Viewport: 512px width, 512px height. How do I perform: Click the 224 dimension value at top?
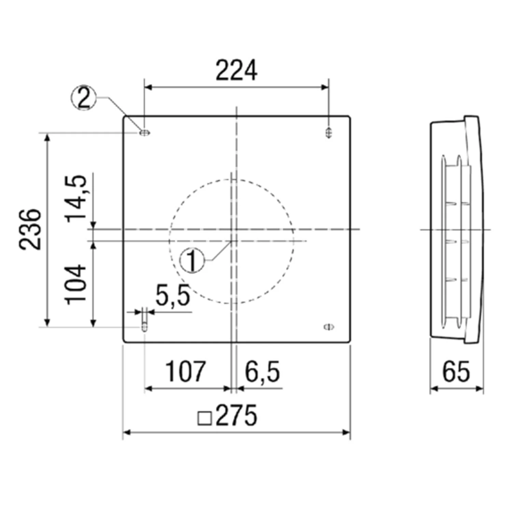[x=236, y=71]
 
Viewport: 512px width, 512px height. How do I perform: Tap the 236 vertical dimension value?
[x=30, y=229]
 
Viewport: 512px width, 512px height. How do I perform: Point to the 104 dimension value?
[x=76, y=284]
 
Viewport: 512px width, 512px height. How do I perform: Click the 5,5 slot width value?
[x=173, y=296]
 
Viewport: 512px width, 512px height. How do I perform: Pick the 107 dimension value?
[x=185, y=371]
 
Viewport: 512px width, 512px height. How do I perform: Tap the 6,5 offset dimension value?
[x=262, y=372]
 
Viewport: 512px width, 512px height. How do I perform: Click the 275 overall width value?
[x=237, y=415]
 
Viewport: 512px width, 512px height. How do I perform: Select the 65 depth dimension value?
[x=456, y=371]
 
